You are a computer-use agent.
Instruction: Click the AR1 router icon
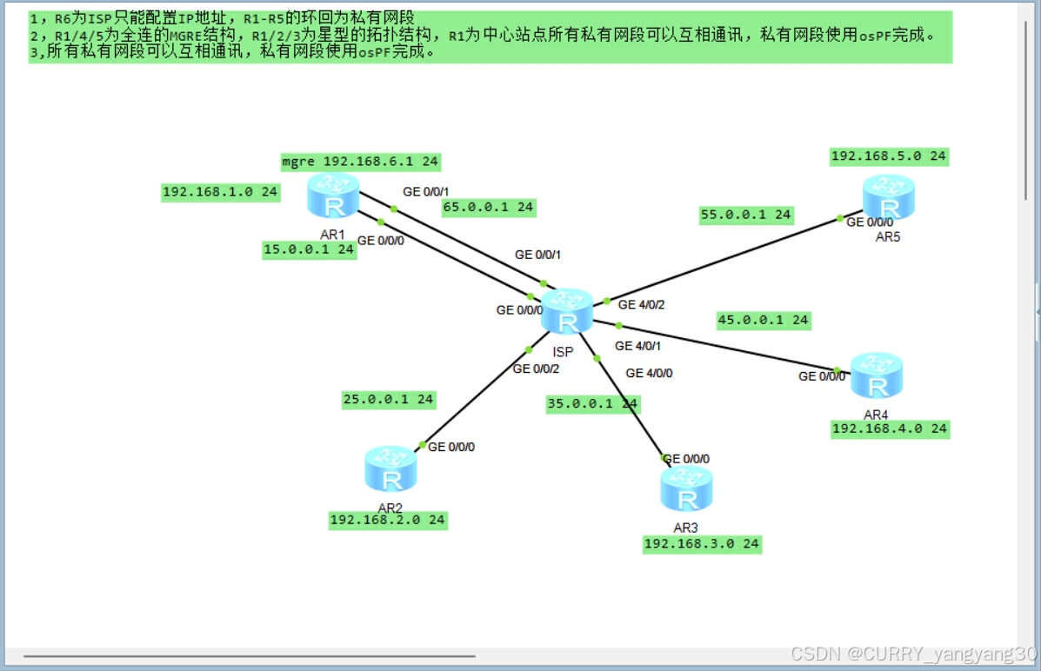point(333,196)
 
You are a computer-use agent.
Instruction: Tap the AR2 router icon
point(390,468)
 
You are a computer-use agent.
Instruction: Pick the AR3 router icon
point(686,488)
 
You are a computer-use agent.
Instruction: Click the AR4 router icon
point(876,375)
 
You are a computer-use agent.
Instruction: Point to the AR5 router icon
point(889,197)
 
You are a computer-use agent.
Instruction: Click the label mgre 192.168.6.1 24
point(360,162)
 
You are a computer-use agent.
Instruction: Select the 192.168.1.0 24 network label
point(220,193)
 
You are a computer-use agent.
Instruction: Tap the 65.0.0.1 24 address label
point(488,207)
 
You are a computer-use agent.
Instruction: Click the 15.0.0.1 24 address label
point(309,249)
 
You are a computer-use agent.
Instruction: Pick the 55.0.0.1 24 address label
point(746,215)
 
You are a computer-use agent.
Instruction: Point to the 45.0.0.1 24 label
point(763,320)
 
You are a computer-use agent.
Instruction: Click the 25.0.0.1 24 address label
point(388,400)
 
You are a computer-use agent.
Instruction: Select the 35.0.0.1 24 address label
point(592,403)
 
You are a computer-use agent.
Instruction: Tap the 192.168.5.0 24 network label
point(888,156)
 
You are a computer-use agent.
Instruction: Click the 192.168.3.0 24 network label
point(701,544)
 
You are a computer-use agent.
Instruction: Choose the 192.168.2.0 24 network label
point(388,520)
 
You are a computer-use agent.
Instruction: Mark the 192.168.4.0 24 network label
point(890,429)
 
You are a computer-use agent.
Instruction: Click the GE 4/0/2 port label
point(641,305)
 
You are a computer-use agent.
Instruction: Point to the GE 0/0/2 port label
point(536,369)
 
